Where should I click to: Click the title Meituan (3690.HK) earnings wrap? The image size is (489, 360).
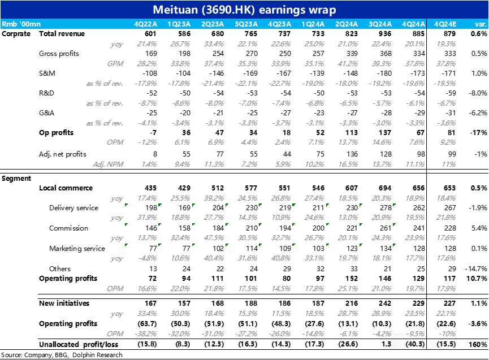click(244, 10)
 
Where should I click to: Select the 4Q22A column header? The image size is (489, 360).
click(145, 24)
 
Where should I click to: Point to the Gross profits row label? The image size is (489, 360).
click(59, 54)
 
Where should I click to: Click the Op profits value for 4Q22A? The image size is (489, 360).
click(152, 133)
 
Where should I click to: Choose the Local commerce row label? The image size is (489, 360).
click(66, 188)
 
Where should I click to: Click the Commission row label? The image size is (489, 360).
click(68, 228)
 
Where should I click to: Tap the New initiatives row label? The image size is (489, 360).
click(64, 303)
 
